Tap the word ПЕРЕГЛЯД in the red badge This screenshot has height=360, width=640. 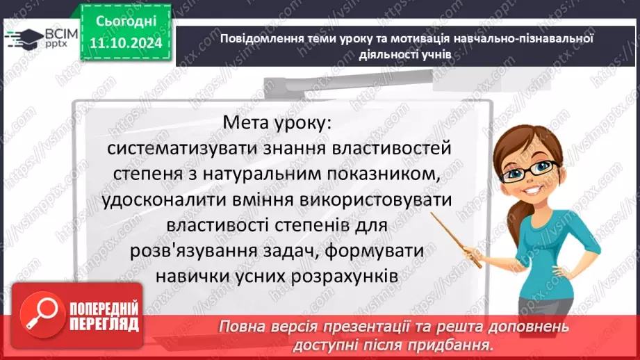coord(104,324)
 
